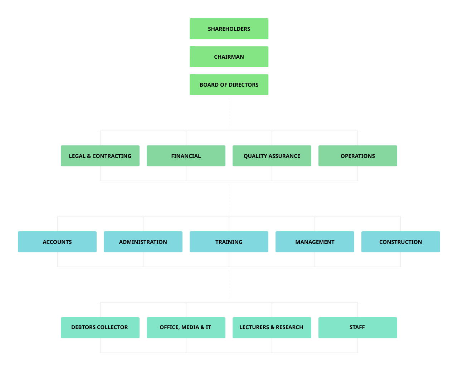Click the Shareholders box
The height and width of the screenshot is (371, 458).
tap(229, 29)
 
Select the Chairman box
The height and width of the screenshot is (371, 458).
tap(229, 57)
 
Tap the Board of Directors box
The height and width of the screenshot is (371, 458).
tap(229, 85)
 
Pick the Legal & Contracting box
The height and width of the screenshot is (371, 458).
tap(100, 156)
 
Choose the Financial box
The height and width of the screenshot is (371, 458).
tap(186, 156)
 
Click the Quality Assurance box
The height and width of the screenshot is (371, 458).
tap(272, 156)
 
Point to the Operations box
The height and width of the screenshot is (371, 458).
tap(358, 156)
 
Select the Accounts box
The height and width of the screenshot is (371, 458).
tap(57, 242)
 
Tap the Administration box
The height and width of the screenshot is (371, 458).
tap(143, 242)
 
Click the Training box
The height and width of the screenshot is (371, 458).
tap(229, 242)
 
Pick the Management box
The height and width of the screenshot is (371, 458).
tap(315, 242)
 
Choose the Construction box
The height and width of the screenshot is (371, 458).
tap(401, 242)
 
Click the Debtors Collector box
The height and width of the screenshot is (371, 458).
tap(100, 328)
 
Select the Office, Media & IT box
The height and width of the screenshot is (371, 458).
tap(186, 328)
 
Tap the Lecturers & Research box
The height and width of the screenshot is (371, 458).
tap(272, 328)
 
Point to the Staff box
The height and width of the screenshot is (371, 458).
tap(358, 328)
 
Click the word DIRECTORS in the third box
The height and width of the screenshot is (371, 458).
tap(243, 85)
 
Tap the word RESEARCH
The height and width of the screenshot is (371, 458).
tap(289, 327)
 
